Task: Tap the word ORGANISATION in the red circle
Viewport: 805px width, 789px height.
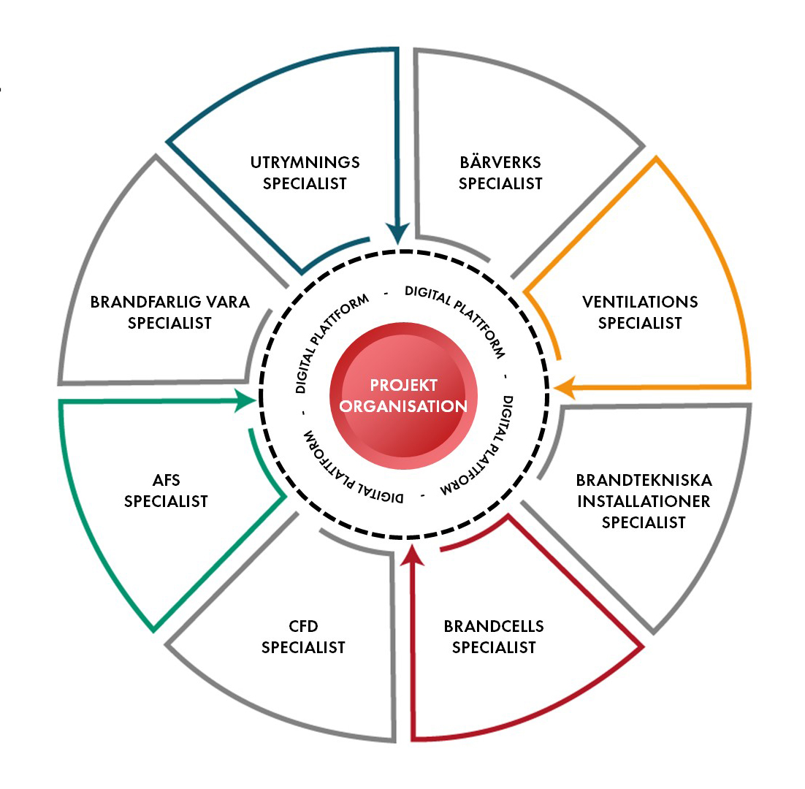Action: click(403, 406)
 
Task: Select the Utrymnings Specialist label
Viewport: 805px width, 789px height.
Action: click(305, 172)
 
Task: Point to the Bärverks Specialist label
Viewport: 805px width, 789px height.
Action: click(500, 172)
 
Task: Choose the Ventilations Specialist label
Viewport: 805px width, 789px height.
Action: click(639, 312)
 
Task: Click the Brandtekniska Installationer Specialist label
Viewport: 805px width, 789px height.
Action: click(644, 501)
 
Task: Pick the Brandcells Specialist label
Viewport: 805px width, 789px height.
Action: click(494, 637)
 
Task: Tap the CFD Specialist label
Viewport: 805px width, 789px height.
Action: click(303, 637)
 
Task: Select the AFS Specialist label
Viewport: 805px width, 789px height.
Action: click(166, 491)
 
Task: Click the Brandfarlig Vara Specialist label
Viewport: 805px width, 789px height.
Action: click(169, 312)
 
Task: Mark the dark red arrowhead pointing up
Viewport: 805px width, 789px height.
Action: click(413, 553)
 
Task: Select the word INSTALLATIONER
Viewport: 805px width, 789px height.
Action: click(644, 501)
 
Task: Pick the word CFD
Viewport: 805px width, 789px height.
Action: click(303, 627)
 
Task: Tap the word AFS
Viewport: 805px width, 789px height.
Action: click(166, 481)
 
